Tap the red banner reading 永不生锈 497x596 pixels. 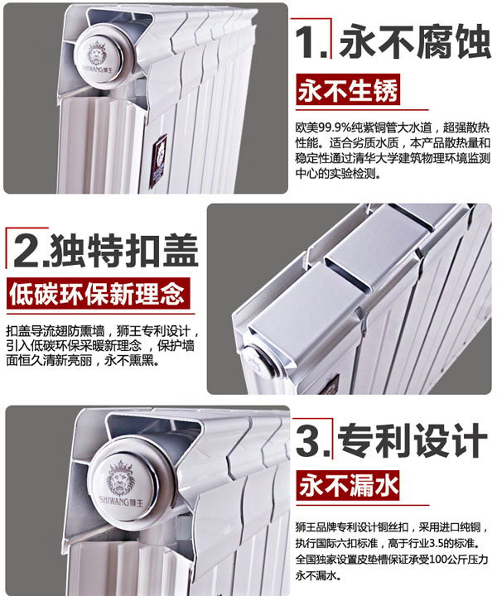click(x=348, y=90)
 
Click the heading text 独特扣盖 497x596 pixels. click(x=124, y=251)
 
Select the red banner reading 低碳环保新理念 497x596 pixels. click(x=98, y=293)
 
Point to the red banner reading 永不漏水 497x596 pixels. click(x=348, y=486)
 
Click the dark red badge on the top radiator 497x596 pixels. click(x=158, y=161)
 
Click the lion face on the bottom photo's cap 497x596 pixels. click(x=121, y=479)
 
